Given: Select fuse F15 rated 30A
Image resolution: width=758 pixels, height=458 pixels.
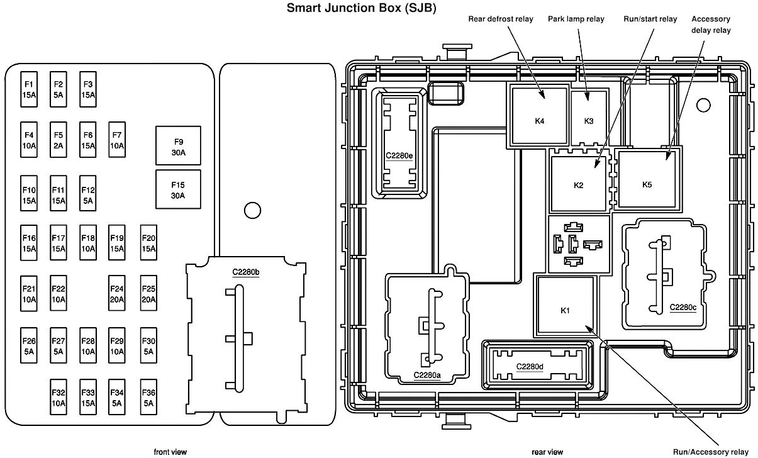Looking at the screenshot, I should coord(178,189).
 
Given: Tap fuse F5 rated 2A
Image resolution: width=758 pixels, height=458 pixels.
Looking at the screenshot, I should coord(59,140).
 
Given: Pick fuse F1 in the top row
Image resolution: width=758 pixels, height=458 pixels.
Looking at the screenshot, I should coord(29,89).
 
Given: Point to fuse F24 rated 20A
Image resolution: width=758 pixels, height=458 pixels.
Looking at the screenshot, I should coord(117,293).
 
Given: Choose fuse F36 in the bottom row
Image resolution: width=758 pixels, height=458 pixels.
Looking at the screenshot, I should coord(148,397).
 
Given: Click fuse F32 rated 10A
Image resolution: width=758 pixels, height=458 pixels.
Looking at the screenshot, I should coord(59,397).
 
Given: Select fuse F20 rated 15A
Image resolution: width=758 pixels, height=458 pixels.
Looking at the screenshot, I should coord(148,243).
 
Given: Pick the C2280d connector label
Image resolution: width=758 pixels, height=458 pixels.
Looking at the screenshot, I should coord(529,367).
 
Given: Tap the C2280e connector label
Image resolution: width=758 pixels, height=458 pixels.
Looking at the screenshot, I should coord(399,155).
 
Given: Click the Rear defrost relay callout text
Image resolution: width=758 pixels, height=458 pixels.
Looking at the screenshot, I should coord(501,19).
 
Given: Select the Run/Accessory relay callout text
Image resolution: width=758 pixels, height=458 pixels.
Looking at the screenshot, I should coord(710,452).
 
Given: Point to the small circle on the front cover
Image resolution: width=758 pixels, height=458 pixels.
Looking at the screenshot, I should coord(252,210).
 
